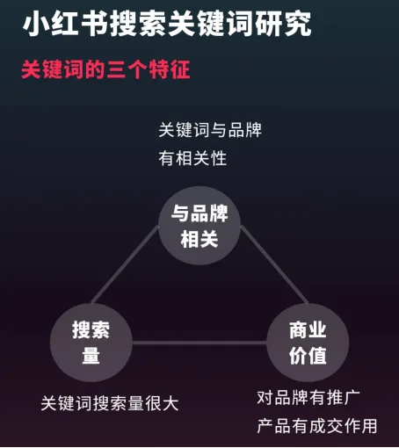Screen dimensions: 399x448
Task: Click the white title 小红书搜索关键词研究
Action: pyautogui.click(x=167, y=24)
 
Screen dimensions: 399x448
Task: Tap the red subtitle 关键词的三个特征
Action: pyautogui.click(x=105, y=69)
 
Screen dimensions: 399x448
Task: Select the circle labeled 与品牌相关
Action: pyautogui.click(x=199, y=226)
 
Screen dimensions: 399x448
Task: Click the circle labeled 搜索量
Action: pyautogui.click(x=91, y=343)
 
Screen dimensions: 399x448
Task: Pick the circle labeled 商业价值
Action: pyautogui.click(x=308, y=343)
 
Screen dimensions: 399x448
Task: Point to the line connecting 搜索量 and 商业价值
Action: pyautogui.click(x=199, y=343)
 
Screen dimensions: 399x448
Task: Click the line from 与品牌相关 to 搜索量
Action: pyautogui.click(x=125, y=264)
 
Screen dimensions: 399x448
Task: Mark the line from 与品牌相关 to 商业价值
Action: pyautogui.click(x=274, y=264)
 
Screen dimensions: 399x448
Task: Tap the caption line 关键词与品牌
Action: pyautogui.click(x=210, y=130)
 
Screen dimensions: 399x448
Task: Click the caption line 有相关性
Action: pyautogui.click(x=192, y=158)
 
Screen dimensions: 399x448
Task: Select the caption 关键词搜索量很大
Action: pyautogui.click(x=110, y=403)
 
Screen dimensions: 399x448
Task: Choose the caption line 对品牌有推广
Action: pyautogui.click(x=308, y=398)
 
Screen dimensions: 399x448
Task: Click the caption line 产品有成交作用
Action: pyautogui.click(x=317, y=426)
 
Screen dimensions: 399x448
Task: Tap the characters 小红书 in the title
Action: pyautogui.click(x=65, y=24)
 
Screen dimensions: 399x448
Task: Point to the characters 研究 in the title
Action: pyautogui.click(x=283, y=24)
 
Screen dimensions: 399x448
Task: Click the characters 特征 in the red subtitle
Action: pyautogui.click(x=170, y=69)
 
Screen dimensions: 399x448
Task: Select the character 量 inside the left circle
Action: pyautogui.click(x=91, y=356)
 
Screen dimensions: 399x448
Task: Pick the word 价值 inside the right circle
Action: pyautogui.click(x=308, y=356)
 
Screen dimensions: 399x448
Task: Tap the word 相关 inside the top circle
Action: pyautogui.click(x=199, y=239)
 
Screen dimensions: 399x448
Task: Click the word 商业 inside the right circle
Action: pyautogui.click(x=308, y=330)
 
